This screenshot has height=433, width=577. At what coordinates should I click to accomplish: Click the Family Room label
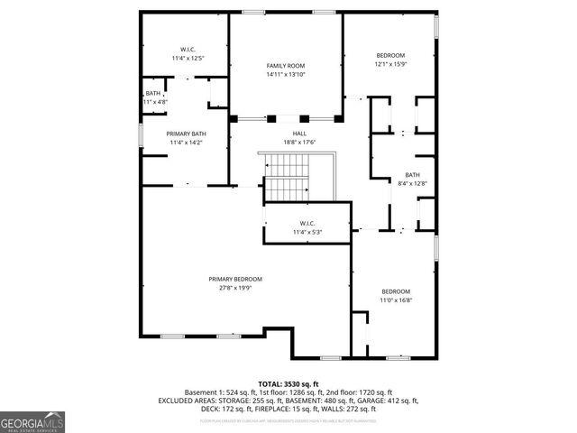286,66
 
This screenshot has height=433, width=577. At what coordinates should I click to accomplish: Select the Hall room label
287,133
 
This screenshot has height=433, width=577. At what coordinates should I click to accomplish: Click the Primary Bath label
186,134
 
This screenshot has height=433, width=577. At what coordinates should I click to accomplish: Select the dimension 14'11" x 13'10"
286,75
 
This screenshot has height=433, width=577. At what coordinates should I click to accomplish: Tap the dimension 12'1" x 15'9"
390,64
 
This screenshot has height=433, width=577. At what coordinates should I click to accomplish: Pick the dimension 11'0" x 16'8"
396,300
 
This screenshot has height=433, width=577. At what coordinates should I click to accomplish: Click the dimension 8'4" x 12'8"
412,184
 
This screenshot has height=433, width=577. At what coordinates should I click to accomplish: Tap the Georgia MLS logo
32,421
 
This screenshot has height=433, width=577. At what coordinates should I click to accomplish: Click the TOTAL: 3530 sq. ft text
288,383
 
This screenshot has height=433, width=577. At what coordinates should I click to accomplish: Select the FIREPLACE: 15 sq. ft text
299,409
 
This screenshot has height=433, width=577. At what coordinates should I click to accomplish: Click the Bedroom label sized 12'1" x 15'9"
390,55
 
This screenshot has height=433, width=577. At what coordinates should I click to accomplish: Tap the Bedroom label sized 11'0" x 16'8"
396,291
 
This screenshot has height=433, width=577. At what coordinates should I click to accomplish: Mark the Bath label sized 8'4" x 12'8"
412,175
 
